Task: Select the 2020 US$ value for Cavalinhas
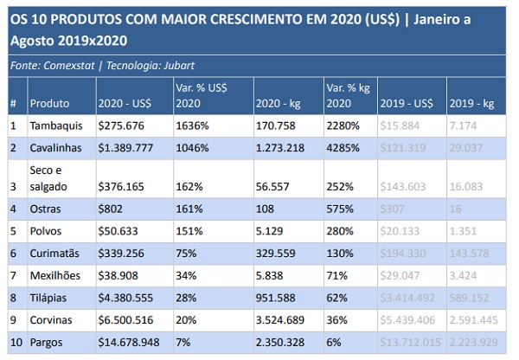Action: point(126,148)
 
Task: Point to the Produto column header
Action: point(49,104)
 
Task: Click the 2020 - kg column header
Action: point(276,104)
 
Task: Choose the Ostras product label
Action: point(47,209)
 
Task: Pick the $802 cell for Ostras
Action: point(111,209)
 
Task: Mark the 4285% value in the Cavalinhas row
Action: point(343,148)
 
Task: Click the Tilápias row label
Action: point(50,296)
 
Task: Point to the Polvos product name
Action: point(47,231)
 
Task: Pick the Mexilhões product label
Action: point(55,274)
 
